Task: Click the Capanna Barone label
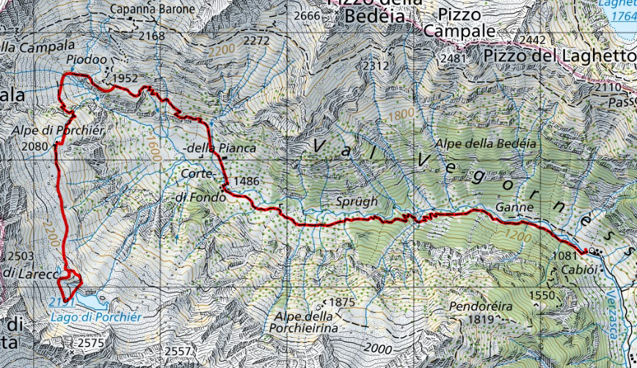tap(153, 10)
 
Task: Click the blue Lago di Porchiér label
tap(95, 317)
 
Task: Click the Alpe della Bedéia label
tap(486, 143)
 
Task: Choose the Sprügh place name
tap(359, 201)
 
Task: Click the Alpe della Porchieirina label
tap(304, 322)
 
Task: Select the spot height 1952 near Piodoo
tap(125, 78)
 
